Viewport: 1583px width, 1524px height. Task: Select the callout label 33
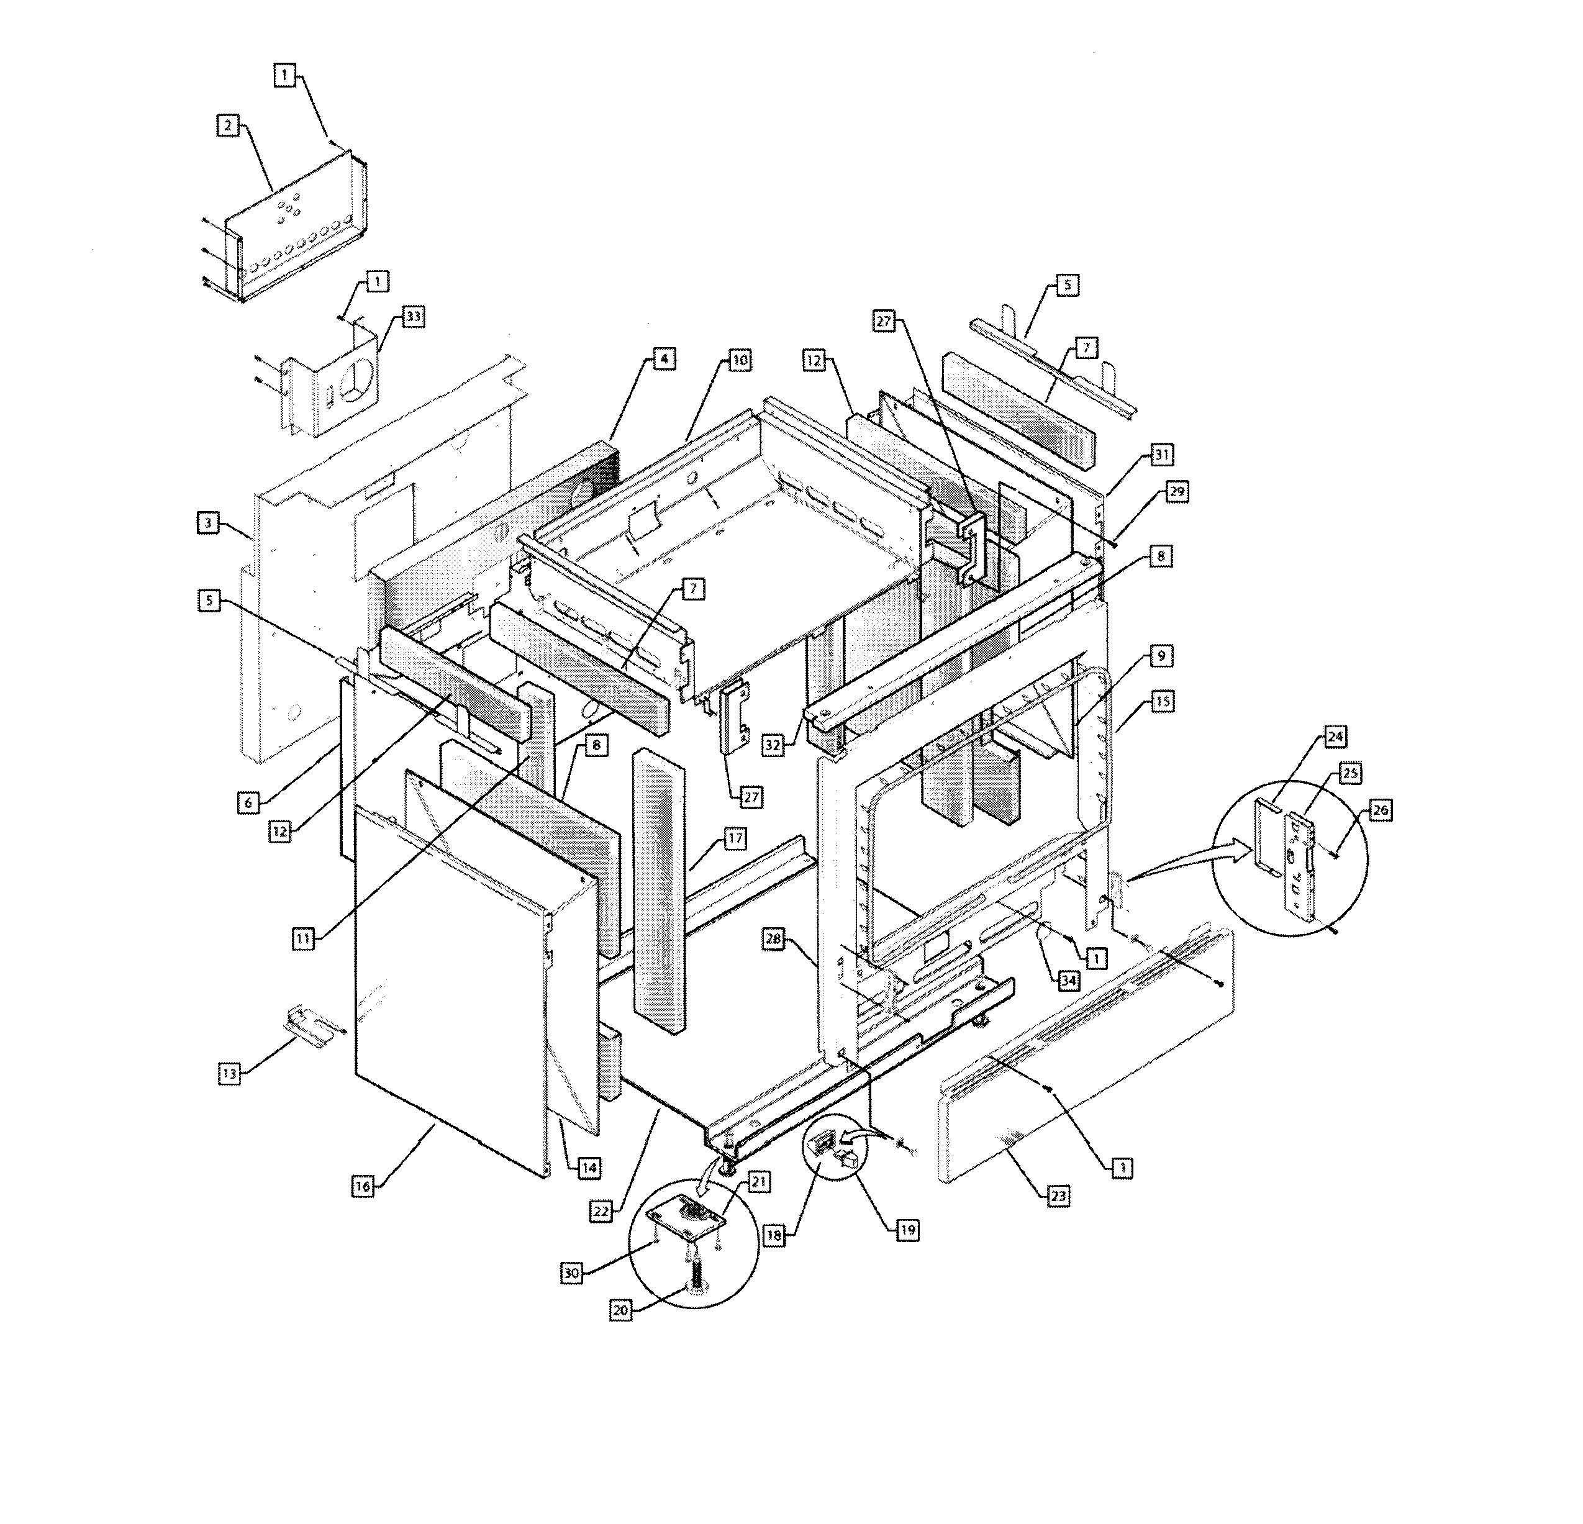click(413, 317)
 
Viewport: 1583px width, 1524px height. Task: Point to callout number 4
click(663, 358)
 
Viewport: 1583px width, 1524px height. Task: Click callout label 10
click(740, 360)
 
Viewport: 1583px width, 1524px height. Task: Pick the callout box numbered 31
click(1161, 455)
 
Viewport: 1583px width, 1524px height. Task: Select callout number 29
click(1177, 492)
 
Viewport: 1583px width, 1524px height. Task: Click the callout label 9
click(1161, 656)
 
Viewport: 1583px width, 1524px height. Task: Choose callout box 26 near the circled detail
click(1381, 810)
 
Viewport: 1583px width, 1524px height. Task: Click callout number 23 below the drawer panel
click(1058, 1196)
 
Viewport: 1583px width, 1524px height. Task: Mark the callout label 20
click(620, 1311)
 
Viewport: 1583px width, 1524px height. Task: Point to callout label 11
click(303, 938)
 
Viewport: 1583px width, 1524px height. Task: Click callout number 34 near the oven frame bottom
click(1069, 981)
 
